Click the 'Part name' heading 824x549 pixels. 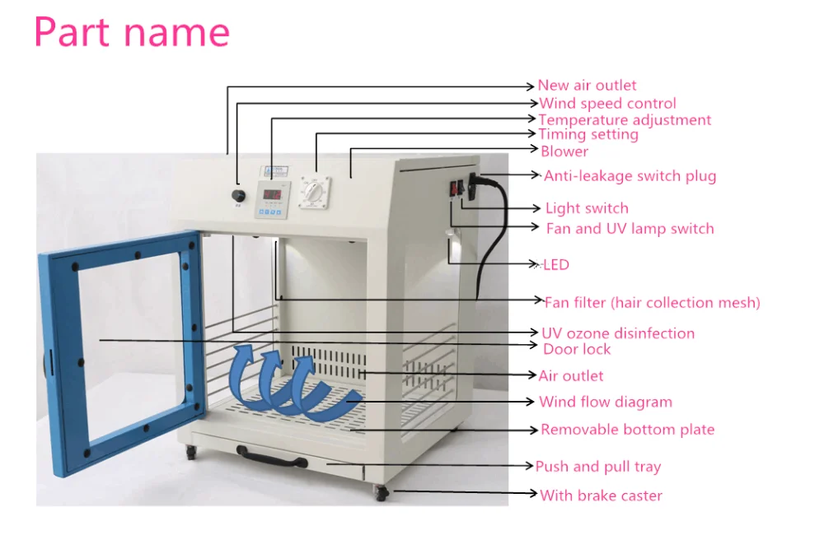click(132, 33)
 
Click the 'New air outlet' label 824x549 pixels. click(587, 86)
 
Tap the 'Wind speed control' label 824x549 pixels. click(607, 104)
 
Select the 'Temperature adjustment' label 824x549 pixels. click(625, 120)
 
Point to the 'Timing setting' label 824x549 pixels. click(588, 134)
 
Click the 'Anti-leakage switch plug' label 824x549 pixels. click(630, 176)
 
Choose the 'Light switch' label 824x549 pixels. click(587, 209)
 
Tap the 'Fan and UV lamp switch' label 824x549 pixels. click(630, 229)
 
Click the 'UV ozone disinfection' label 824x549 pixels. click(618, 333)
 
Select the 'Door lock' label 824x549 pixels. click(577, 350)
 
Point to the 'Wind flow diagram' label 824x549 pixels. click(606, 402)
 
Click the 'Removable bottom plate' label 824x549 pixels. click(627, 430)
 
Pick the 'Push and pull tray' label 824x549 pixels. click(598, 467)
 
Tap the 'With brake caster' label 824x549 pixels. click(601, 495)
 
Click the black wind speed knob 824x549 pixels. click(238, 196)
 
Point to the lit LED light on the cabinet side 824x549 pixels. click(452, 245)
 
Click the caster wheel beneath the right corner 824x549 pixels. click(381, 494)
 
